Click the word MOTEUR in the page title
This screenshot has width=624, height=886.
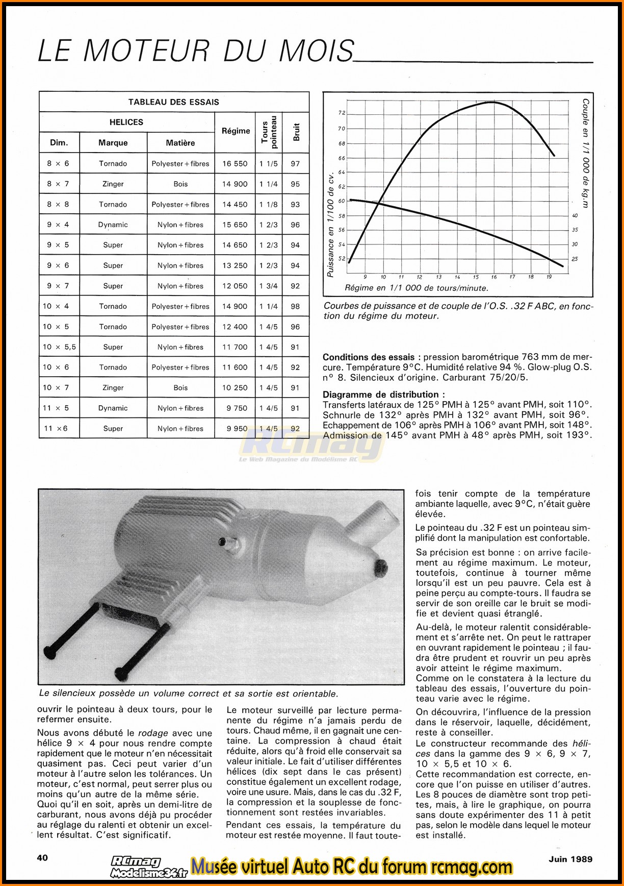tap(146, 51)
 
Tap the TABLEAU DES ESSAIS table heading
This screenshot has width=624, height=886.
tap(173, 102)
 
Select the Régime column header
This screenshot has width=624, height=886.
tap(236, 131)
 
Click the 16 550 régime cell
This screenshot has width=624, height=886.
tap(235, 164)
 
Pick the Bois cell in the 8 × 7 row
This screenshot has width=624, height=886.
tap(180, 184)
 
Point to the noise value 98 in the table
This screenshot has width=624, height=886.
tap(295, 306)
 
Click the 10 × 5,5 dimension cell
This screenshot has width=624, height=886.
tap(59, 347)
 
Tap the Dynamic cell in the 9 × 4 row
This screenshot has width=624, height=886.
tap(113, 225)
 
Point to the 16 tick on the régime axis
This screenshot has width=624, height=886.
tap(493, 277)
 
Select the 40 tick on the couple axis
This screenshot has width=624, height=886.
tap(575, 216)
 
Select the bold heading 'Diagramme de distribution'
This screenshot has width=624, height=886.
tap(383, 395)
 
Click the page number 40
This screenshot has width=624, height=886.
tap(42, 857)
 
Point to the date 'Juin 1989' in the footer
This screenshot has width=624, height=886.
tap(570, 859)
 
